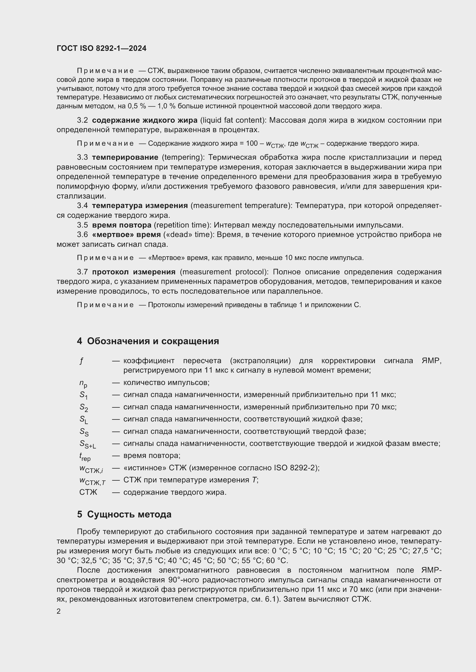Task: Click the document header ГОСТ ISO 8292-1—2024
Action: [101, 49]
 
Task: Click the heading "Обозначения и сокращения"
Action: [153, 341]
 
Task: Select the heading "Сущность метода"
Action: [129, 514]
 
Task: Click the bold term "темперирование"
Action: [125, 157]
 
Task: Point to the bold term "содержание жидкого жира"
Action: [144, 120]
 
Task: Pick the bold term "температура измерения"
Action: [140, 206]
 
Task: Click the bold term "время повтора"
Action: [122, 225]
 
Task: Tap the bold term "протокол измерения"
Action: [134, 272]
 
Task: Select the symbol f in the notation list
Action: [81, 361]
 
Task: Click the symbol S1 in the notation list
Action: [83, 395]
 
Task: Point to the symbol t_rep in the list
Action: [85, 457]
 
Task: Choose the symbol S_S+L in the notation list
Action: [88, 444]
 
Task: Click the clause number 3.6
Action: [82, 235]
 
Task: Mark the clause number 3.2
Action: [82, 120]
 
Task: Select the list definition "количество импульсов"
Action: [166, 382]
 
